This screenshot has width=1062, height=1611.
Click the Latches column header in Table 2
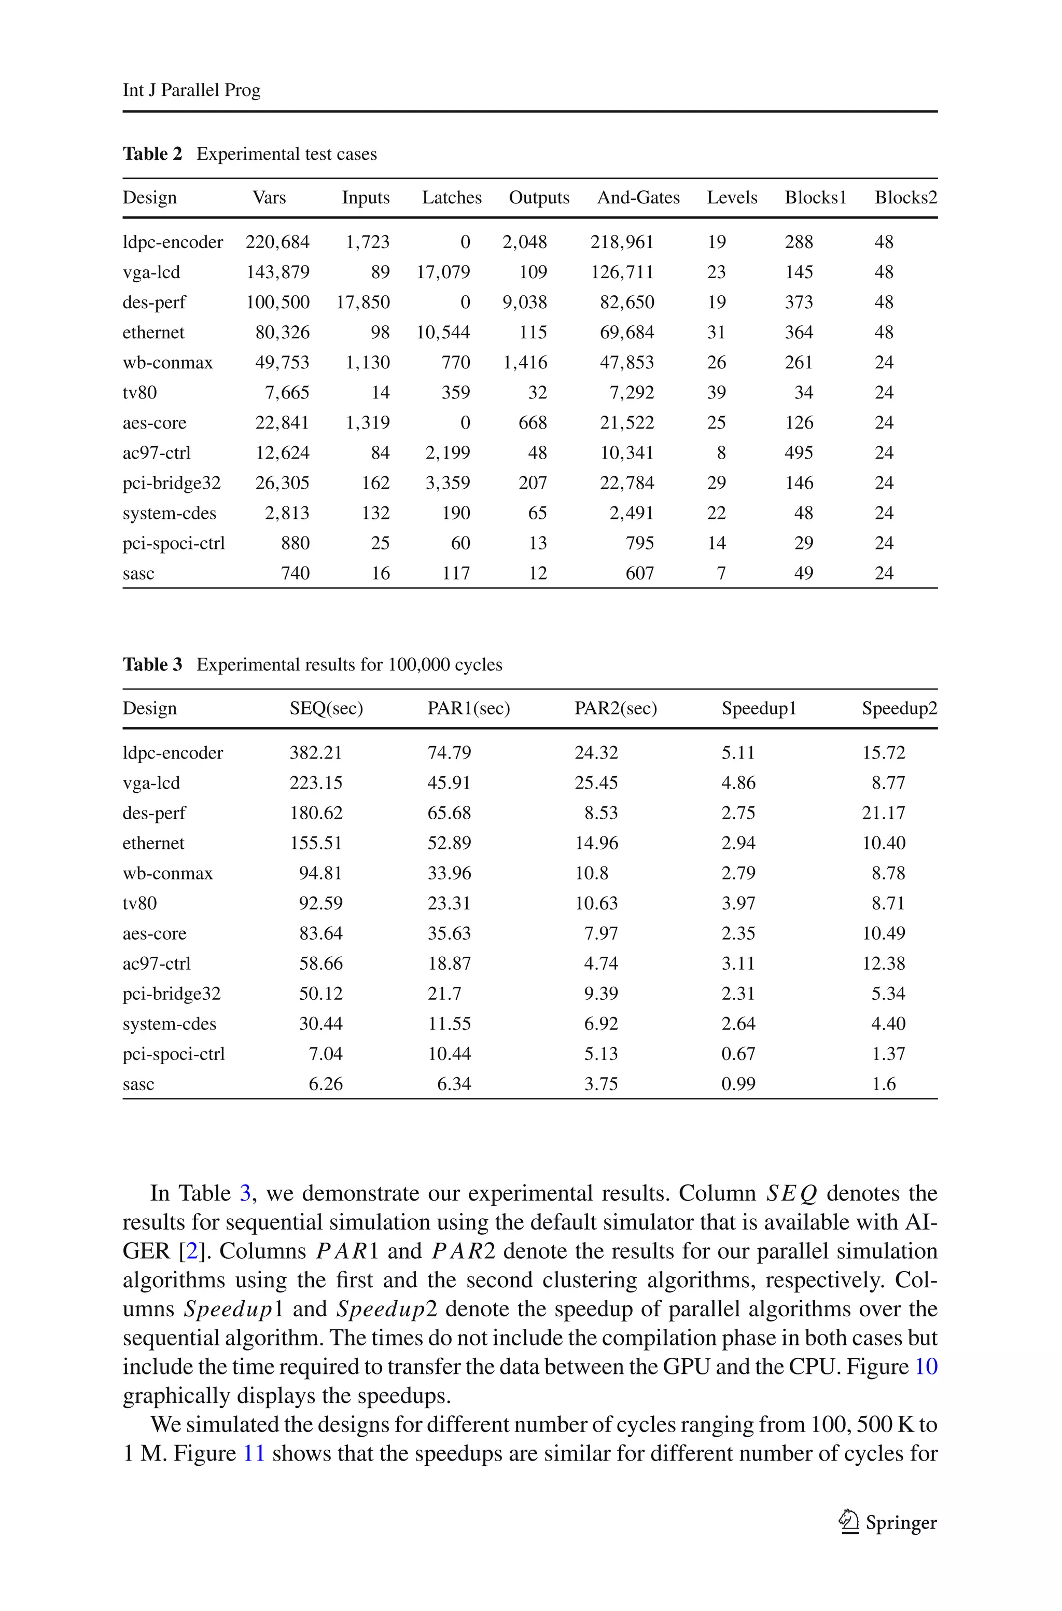[x=451, y=197]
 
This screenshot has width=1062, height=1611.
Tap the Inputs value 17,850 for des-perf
[x=363, y=302]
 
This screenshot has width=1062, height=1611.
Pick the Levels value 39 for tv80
[x=716, y=392]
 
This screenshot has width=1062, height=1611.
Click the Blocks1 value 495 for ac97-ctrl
[x=799, y=452]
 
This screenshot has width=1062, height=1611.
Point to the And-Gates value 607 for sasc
[x=639, y=573]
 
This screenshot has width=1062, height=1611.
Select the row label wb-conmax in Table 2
[x=167, y=363]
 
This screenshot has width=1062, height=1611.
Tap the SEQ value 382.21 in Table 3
[x=316, y=753]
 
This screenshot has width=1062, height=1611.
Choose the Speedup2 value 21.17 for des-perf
[x=883, y=813]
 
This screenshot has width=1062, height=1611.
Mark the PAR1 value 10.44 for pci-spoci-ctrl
[x=449, y=1053]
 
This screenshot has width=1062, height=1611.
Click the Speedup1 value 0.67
[x=737, y=1053]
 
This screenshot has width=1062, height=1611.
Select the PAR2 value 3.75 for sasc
[x=601, y=1084]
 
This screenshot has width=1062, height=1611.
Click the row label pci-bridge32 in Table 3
[x=171, y=993]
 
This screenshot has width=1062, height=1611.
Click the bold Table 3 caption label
[x=152, y=664]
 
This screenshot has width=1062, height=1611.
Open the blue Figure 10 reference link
[x=925, y=1367]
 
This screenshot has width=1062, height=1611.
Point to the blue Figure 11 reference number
[x=253, y=1453]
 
